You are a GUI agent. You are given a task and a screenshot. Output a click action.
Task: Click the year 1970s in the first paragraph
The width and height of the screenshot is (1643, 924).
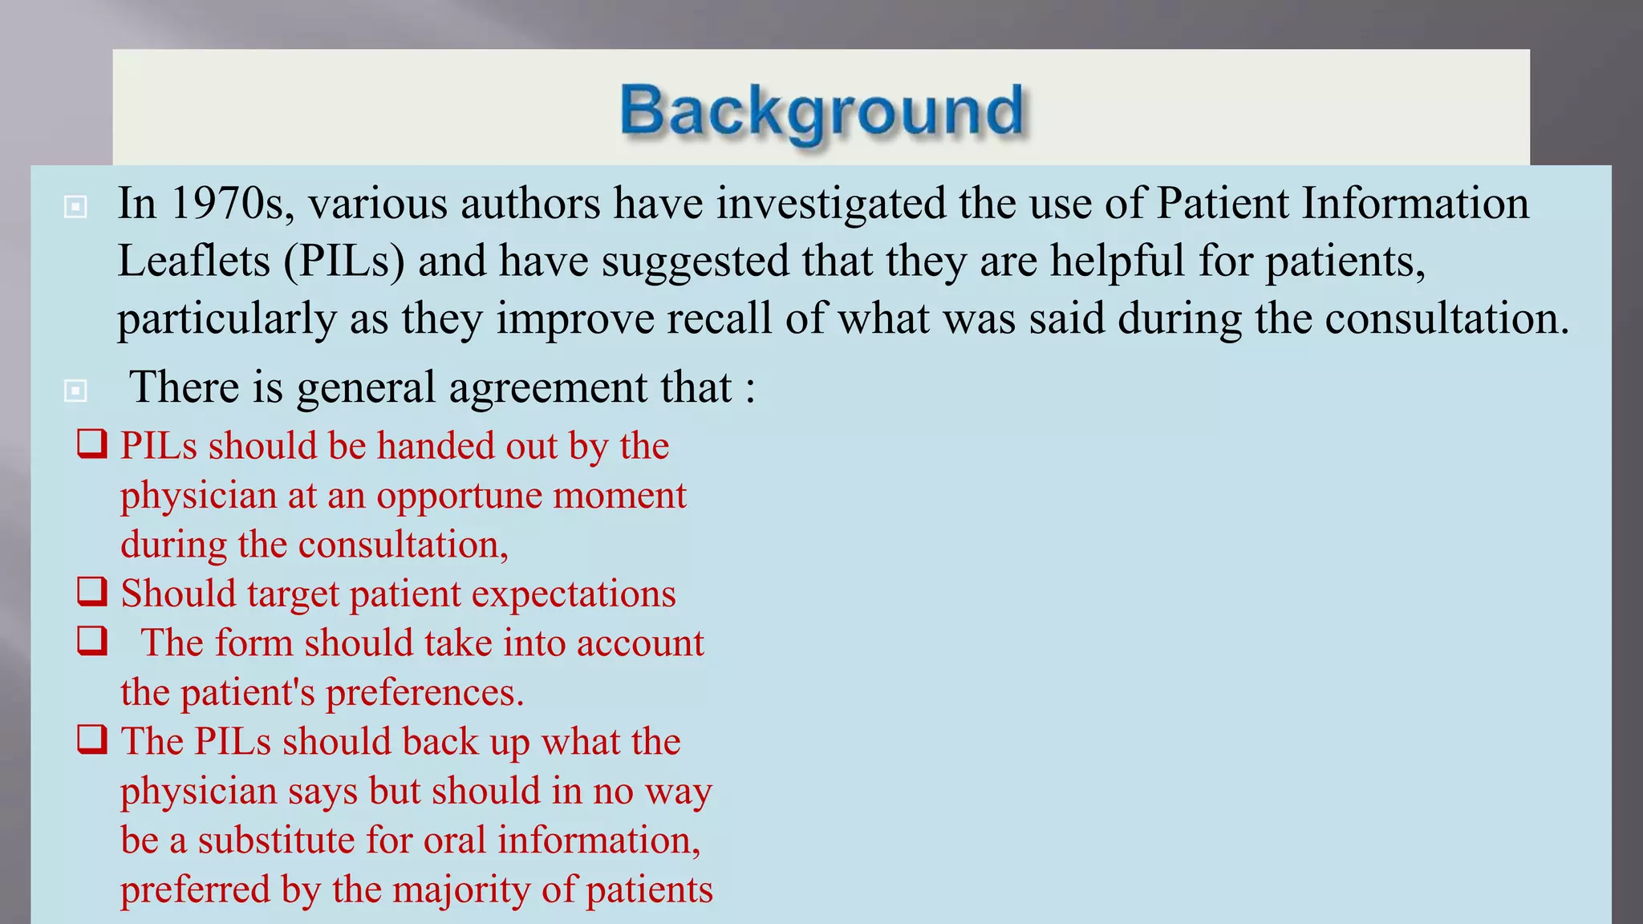coord(228,204)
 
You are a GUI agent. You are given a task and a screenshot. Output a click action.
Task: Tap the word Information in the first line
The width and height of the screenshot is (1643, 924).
coord(1415,204)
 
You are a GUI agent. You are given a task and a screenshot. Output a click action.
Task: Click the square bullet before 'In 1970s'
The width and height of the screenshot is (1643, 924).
coord(75,207)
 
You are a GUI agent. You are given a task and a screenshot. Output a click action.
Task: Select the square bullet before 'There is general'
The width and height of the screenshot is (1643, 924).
coord(75,391)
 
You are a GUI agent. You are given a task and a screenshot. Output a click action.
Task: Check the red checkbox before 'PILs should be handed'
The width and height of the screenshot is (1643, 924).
coord(92,444)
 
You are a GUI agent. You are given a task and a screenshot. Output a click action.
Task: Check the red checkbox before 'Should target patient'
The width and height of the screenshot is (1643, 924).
coord(92,591)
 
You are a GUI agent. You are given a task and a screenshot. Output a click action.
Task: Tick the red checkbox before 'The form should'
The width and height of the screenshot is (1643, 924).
coord(92,641)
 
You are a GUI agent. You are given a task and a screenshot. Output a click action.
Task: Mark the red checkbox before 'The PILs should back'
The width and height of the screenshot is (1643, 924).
coord(92,740)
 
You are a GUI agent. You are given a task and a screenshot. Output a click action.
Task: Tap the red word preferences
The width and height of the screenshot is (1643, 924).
coord(424,693)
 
